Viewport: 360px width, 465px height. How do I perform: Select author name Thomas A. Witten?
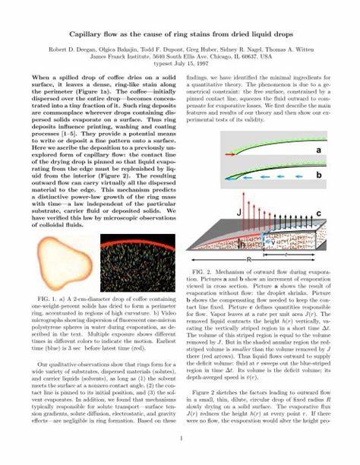[x=304, y=47]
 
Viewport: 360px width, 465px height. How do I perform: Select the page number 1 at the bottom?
[x=180, y=439]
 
